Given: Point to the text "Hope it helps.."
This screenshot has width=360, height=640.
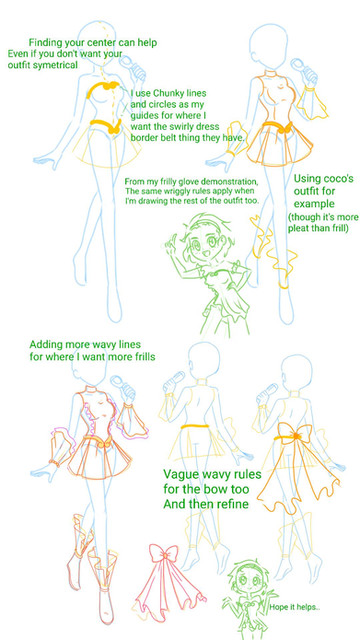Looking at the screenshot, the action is (294, 607).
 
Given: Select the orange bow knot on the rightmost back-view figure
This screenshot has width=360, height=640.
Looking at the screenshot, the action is (297, 436).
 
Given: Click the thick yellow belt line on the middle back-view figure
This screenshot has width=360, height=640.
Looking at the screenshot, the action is (195, 427).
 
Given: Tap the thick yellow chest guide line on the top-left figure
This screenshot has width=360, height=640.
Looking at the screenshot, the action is (103, 89).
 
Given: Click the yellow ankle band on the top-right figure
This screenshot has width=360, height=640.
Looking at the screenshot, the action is (284, 284).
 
